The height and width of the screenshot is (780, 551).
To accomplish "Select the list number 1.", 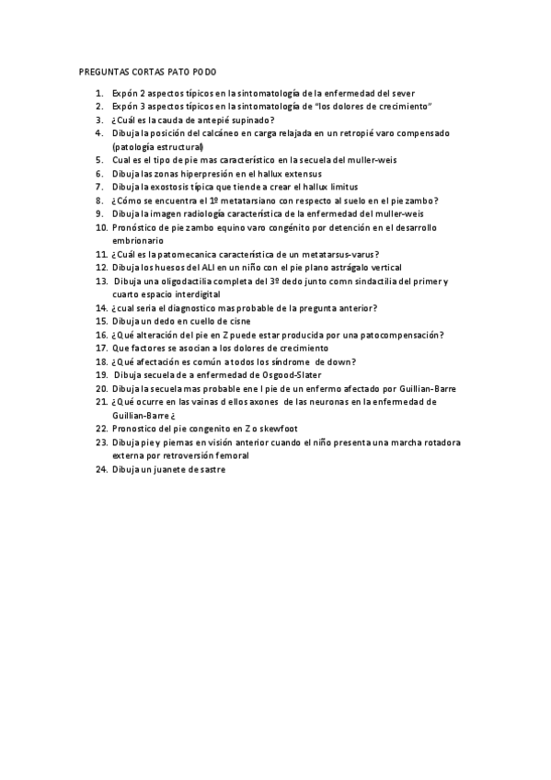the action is (99, 94).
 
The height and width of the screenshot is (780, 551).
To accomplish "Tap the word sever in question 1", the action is (402, 94).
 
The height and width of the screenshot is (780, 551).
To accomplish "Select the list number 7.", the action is (99, 187).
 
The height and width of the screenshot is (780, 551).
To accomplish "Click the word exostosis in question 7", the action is (169, 187).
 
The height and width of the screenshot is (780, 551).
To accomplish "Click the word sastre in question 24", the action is (211, 469).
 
